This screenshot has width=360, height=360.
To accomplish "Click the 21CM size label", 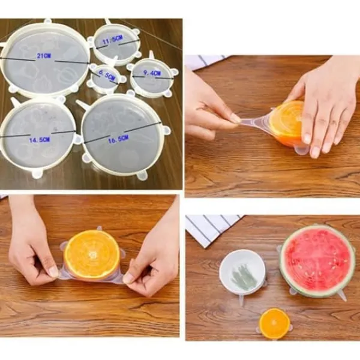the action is pyautogui.click(x=44, y=56).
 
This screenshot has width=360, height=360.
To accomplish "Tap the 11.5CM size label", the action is pyautogui.click(x=113, y=40).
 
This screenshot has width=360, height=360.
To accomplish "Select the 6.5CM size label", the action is pyautogui.click(x=107, y=74).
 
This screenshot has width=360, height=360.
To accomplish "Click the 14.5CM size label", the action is pyautogui.click(x=39, y=140).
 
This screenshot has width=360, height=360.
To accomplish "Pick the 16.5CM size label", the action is pyautogui.click(x=118, y=139).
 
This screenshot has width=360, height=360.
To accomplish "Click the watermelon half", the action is pyautogui.click(x=317, y=260).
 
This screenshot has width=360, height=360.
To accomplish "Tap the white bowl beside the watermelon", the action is pyautogui.click(x=242, y=272).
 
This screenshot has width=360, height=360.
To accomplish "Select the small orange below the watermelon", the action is pyautogui.click(x=275, y=323).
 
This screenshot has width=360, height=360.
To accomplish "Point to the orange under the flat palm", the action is pyautogui.click(x=287, y=123).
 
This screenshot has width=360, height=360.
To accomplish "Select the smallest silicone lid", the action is pyautogui.click(x=106, y=77).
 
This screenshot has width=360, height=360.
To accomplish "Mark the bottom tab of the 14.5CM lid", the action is pyautogui.click(x=37, y=174).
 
